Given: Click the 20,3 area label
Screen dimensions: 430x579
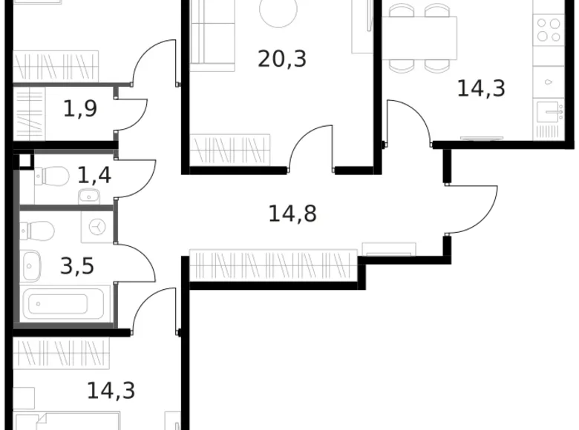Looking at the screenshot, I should (282, 58).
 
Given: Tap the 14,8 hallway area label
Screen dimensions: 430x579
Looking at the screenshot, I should (292, 214).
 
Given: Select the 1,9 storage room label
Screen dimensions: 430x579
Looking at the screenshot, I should (80, 110).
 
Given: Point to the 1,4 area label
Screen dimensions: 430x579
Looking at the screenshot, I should (94, 176).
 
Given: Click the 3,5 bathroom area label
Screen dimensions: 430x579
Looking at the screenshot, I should (78, 265).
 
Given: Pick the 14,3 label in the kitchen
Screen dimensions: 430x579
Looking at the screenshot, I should (481, 89).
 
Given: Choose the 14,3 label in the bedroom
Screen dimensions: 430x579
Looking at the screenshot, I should (111, 390).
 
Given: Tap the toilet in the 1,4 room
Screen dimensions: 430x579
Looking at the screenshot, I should (50, 176).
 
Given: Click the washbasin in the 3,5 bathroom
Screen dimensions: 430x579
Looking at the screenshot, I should (32, 262).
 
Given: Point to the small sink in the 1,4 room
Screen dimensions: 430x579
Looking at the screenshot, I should (88, 196).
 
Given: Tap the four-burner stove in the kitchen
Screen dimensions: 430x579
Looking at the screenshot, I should (549, 30).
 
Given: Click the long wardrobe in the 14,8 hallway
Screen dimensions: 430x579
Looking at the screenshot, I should (274, 265).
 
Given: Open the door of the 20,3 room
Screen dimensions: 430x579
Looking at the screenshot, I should (310, 148).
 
